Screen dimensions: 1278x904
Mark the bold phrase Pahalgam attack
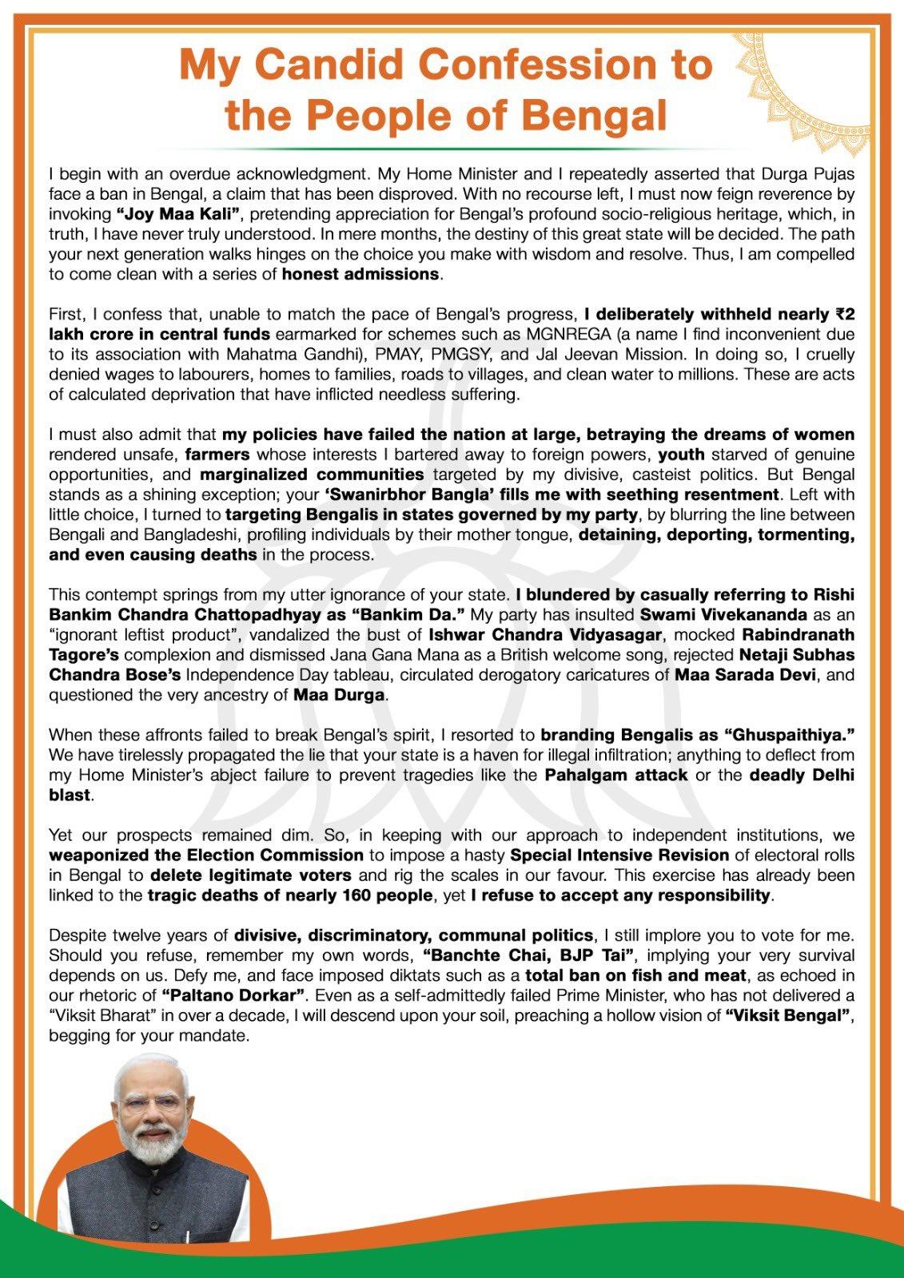(x=616, y=775)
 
